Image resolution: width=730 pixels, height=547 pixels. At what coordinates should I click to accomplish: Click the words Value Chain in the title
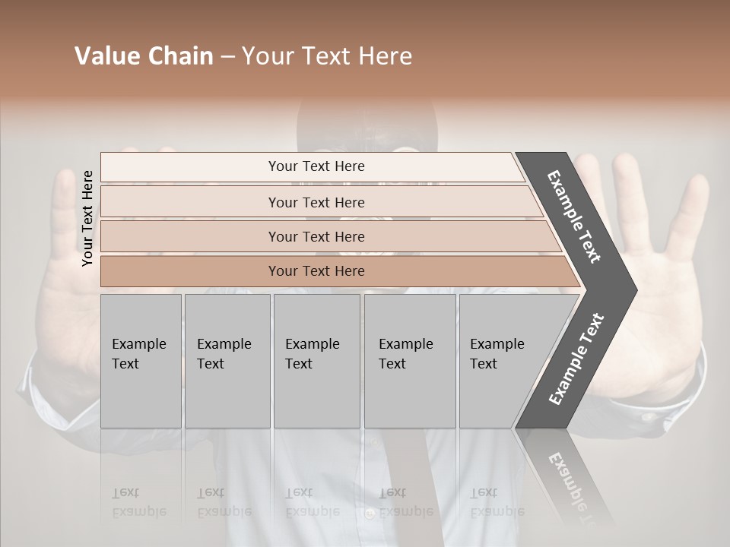[144, 56]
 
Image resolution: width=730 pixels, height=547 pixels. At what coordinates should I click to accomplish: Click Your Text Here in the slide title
[327, 56]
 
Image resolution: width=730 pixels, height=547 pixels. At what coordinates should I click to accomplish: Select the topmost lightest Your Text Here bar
[316, 166]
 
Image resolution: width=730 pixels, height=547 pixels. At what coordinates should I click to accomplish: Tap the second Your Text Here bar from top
[316, 202]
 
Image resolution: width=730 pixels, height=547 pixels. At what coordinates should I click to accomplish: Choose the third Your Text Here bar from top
[316, 236]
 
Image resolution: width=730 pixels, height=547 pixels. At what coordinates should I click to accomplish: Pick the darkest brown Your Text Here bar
[316, 271]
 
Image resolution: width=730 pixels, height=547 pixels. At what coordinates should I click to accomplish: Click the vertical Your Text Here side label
[87, 218]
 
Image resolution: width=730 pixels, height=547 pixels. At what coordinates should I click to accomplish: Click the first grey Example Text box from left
[141, 360]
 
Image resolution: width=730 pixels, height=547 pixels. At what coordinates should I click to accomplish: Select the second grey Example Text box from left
[227, 360]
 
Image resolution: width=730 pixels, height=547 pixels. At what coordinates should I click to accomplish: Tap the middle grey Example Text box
[316, 360]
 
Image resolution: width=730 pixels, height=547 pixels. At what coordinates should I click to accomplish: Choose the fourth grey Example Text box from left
[409, 360]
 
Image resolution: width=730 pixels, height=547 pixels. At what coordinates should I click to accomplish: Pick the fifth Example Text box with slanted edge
[502, 360]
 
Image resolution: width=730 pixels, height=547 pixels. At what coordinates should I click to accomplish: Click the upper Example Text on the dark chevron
[574, 217]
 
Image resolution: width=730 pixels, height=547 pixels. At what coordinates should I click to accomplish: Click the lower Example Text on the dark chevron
[576, 359]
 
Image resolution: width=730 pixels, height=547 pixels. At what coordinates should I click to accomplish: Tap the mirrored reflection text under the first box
[138, 503]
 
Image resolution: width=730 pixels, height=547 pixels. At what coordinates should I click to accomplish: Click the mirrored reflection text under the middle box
[312, 503]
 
